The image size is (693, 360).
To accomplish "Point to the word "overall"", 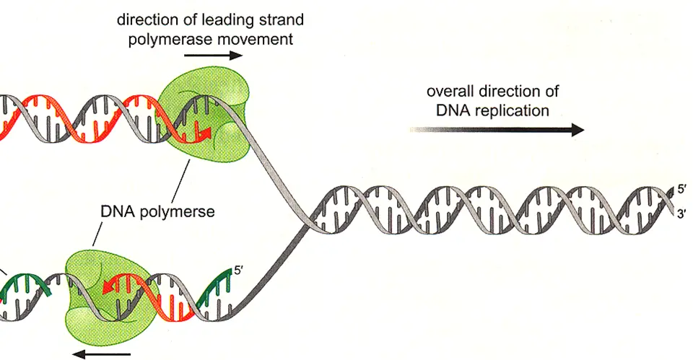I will click(453, 92).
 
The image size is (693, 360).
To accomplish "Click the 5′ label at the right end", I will click(681, 190).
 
